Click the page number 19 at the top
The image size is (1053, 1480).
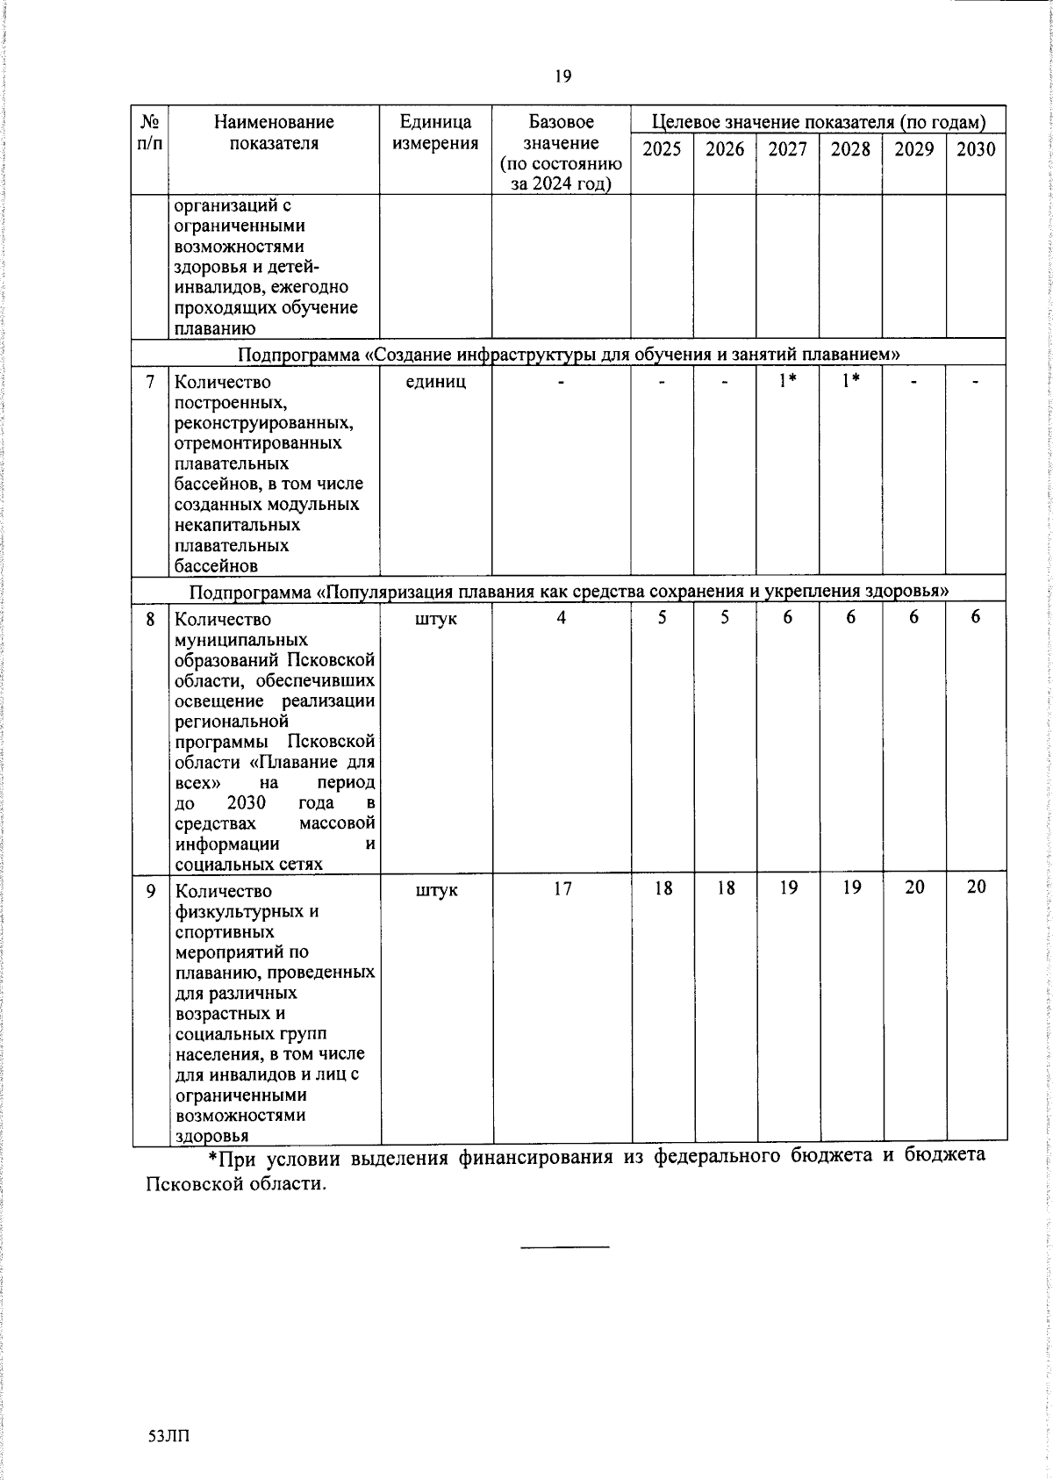pos(562,77)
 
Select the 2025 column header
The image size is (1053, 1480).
pos(662,149)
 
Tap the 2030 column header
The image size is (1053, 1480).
pos(976,149)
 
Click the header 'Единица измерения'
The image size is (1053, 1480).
pos(435,133)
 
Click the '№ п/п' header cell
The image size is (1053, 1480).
pos(150,133)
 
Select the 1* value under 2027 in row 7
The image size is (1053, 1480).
pos(788,381)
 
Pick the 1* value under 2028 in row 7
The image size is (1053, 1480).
pos(850,381)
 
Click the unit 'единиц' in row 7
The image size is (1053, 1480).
pos(435,382)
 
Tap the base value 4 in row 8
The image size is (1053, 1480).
pos(561,618)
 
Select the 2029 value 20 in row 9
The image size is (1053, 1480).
pos(914,887)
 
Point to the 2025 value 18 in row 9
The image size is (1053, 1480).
pos(663,888)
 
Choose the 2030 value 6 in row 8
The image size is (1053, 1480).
pos(976,617)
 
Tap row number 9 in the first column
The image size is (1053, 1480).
pos(150,890)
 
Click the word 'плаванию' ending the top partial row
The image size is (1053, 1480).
pos(214,329)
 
